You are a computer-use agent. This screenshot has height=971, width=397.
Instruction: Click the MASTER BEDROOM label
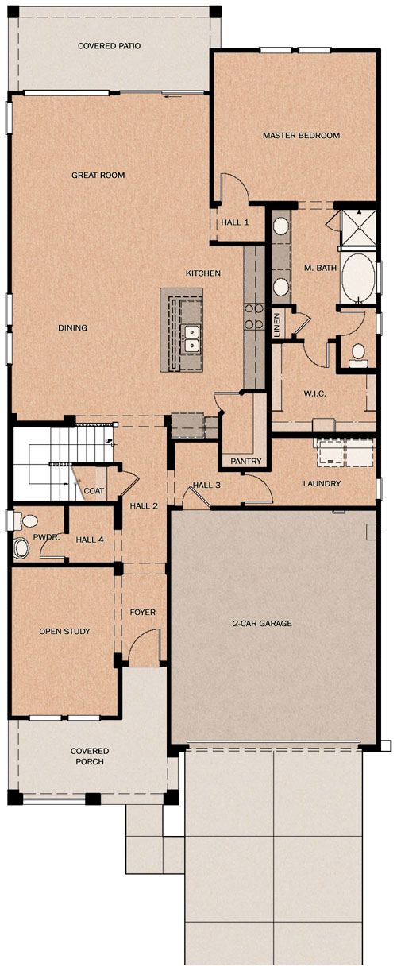[301, 135]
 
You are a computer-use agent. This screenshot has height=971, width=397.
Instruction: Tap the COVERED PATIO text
[109, 45]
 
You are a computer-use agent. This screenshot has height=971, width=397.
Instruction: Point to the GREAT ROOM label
[98, 175]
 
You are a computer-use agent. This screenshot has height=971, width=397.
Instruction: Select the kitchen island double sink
[191, 338]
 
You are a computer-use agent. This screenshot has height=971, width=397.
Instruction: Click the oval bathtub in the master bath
[358, 277]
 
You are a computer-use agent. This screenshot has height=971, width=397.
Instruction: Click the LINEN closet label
[278, 325]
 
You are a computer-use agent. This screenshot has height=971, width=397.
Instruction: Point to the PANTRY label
[246, 461]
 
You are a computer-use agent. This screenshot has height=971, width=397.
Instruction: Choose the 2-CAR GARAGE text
[262, 623]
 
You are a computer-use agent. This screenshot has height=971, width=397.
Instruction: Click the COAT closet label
[94, 491]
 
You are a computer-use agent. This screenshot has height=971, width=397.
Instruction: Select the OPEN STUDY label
[64, 631]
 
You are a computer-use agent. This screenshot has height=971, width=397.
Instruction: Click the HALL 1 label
[235, 222]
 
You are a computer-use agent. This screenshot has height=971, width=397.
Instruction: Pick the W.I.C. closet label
[314, 393]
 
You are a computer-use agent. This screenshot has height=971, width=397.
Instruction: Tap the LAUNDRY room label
[322, 483]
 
